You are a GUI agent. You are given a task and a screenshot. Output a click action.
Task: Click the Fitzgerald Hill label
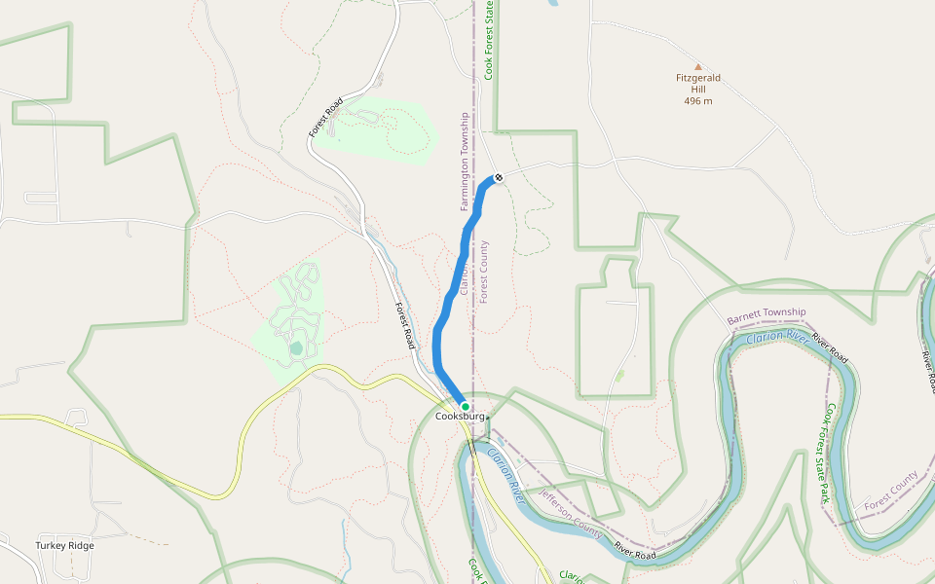click(x=697, y=83)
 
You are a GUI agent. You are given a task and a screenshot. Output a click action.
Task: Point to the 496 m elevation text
click(x=697, y=100)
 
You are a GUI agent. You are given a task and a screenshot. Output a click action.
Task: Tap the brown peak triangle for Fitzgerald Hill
click(x=697, y=67)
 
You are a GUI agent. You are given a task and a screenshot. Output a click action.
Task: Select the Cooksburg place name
click(x=460, y=417)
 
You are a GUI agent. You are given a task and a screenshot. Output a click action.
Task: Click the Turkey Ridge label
click(x=65, y=546)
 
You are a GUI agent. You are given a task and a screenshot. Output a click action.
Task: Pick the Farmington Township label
click(x=466, y=162)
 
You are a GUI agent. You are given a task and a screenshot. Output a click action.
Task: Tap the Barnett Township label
click(x=767, y=316)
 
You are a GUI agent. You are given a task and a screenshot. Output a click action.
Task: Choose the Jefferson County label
click(x=572, y=511)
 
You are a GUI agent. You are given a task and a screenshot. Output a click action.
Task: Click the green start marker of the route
click(x=466, y=407)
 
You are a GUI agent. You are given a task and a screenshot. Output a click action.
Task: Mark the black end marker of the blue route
click(x=499, y=177)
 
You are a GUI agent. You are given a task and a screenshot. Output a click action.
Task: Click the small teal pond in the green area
click(x=296, y=347)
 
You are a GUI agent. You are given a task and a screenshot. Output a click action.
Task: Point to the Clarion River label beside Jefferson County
click(x=506, y=476)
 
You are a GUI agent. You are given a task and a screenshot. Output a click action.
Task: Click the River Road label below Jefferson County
click(x=634, y=551)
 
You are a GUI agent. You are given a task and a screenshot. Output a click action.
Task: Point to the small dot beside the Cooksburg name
click(x=488, y=417)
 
